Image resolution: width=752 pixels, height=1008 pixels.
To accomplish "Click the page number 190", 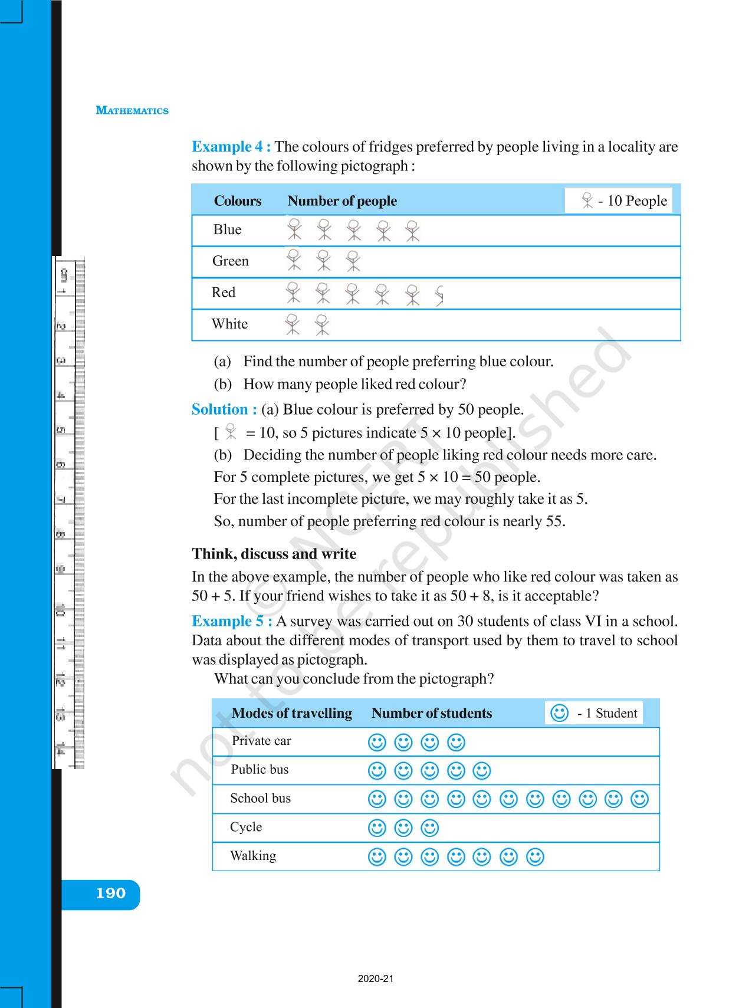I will pyautogui.click(x=111, y=894).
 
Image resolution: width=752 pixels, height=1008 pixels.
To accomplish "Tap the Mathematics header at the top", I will pyautogui.click(x=132, y=110).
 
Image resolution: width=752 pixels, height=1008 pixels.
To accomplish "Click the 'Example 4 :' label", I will pyautogui.click(x=231, y=147).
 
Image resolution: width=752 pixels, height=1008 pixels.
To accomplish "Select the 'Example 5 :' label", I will pyautogui.click(x=232, y=621).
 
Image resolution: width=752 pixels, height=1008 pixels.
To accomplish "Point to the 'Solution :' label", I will pyautogui.click(x=224, y=409).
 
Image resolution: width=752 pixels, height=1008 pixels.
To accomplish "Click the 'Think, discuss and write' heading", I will pyautogui.click(x=274, y=554).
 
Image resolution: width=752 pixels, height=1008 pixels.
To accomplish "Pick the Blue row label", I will pyautogui.click(x=227, y=230).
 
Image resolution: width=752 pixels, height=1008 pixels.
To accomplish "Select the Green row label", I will pyautogui.click(x=230, y=261).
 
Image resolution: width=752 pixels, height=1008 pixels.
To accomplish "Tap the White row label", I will pyautogui.click(x=229, y=324).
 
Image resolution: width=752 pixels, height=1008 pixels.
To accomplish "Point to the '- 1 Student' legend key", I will pyautogui.click(x=594, y=713).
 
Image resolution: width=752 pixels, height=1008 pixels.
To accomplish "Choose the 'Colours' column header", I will pyautogui.click(x=237, y=201).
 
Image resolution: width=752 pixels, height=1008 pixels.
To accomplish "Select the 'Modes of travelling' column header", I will pyautogui.click(x=291, y=713).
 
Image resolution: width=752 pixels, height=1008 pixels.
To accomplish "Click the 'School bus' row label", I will pyautogui.click(x=260, y=799).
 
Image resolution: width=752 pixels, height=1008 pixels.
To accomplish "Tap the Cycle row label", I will pyautogui.click(x=246, y=827).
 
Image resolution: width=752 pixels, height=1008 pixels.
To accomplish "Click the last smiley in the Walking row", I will pyautogui.click(x=535, y=856).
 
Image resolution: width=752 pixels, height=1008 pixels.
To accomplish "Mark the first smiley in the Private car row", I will pyautogui.click(x=377, y=742).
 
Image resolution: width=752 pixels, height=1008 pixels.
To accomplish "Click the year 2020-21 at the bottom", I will pyautogui.click(x=376, y=979).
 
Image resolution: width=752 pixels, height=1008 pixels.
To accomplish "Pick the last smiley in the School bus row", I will pyautogui.click(x=640, y=799).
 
